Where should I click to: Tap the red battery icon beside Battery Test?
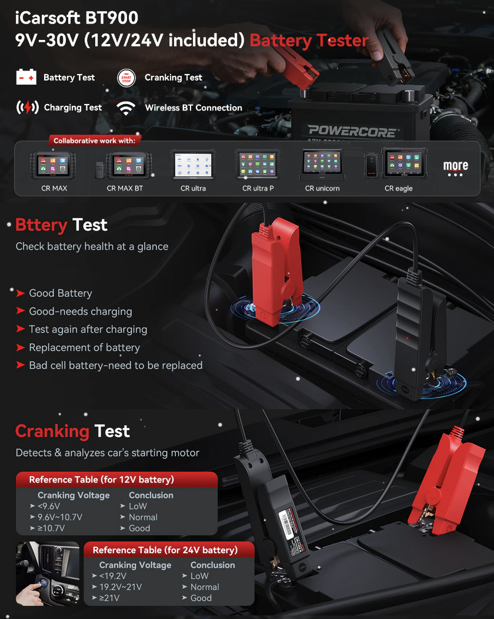pyautogui.click(x=26, y=77)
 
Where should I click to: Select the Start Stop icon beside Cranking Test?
pyautogui.click(x=126, y=77)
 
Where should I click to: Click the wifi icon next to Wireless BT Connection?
pyautogui.click(x=125, y=108)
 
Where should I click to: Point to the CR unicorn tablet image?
pyautogui.click(x=322, y=165)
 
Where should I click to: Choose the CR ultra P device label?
pyautogui.click(x=259, y=189)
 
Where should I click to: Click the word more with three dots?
pyautogui.click(x=456, y=168)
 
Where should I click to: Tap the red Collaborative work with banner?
pyautogui.click(x=94, y=141)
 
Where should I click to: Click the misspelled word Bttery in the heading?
pyautogui.click(x=41, y=225)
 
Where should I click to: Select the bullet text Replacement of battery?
pyautogui.click(x=84, y=347)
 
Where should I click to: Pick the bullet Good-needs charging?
pyautogui.click(x=81, y=312)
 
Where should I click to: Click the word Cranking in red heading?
pyautogui.click(x=52, y=431)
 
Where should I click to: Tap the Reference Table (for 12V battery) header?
pyautogui.click(x=101, y=480)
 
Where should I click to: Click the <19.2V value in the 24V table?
pyautogui.click(x=113, y=576)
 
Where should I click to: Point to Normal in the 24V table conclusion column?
pyautogui.click(x=205, y=587)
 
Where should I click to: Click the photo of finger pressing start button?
pyautogui.click(x=47, y=574)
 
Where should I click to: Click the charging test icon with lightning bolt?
pyautogui.click(x=26, y=108)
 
